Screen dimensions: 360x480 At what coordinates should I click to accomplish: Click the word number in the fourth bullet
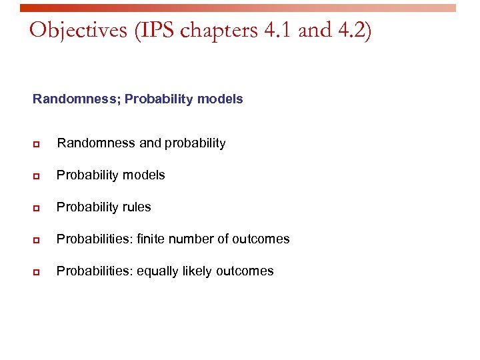point(192,239)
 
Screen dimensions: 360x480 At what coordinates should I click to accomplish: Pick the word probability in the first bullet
point(195,143)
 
